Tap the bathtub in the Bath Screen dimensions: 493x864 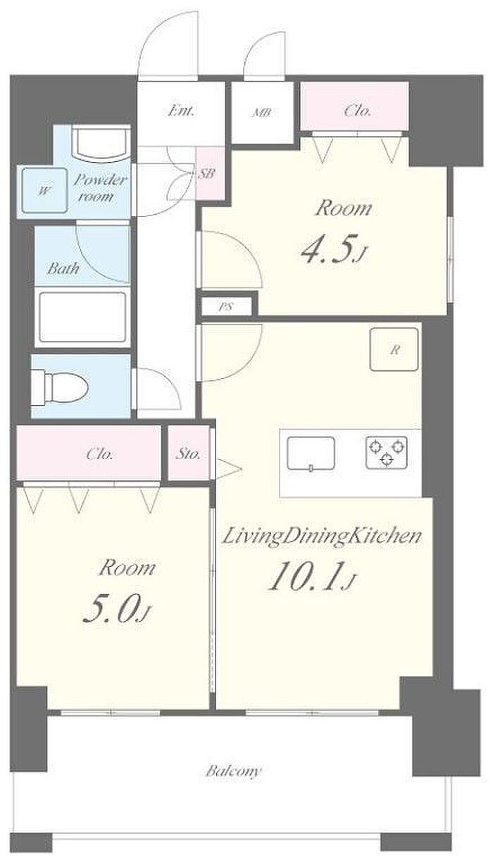click(x=82, y=317)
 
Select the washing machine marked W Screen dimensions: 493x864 click(x=44, y=191)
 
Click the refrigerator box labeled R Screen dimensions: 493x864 click(x=394, y=349)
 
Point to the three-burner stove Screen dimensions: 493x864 click(x=387, y=453)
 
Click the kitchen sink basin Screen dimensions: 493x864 click(x=311, y=453)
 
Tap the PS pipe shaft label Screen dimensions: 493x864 click(x=226, y=308)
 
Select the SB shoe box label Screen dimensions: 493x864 click(x=206, y=173)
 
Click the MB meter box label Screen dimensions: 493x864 click(x=262, y=113)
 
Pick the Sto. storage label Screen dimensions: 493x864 click(x=188, y=454)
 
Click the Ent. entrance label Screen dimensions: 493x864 click(x=181, y=111)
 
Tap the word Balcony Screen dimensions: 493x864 click(x=233, y=771)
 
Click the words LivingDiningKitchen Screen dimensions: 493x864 click(x=321, y=537)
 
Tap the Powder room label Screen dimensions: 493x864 click(x=99, y=188)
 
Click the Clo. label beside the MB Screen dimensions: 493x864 click(x=358, y=111)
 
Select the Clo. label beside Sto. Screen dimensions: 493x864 click(x=99, y=454)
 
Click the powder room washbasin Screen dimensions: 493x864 click(x=102, y=143)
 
